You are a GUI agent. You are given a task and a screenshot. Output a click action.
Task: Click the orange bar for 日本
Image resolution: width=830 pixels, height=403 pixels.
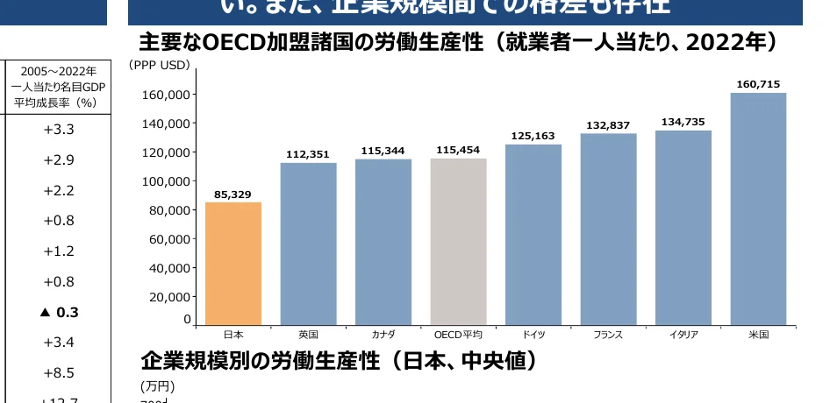pos(233,264)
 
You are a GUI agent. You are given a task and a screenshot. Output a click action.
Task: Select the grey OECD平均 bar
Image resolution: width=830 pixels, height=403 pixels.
pos(458,242)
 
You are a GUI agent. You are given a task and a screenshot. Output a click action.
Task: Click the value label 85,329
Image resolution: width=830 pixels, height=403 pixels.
pos(233,194)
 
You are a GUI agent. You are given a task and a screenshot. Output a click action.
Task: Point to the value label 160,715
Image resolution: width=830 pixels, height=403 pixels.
pos(758,84)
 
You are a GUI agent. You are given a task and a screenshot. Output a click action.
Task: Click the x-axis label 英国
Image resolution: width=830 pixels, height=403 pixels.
pos(308,335)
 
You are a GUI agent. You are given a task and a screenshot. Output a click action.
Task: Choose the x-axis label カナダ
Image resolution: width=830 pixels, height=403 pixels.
pos(383,335)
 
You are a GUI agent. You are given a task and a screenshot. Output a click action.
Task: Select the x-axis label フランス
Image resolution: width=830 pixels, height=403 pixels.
pos(608,335)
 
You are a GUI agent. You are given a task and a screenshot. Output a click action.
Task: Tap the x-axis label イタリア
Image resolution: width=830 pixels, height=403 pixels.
pos(683,335)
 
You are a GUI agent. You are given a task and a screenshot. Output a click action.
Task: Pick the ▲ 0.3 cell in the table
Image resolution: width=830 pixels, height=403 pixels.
pos(59,312)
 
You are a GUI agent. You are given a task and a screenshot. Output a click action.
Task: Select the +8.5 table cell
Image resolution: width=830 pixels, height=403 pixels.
pos(59,372)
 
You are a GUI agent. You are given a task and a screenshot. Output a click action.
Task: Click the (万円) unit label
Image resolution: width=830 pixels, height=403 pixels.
pos(158,385)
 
